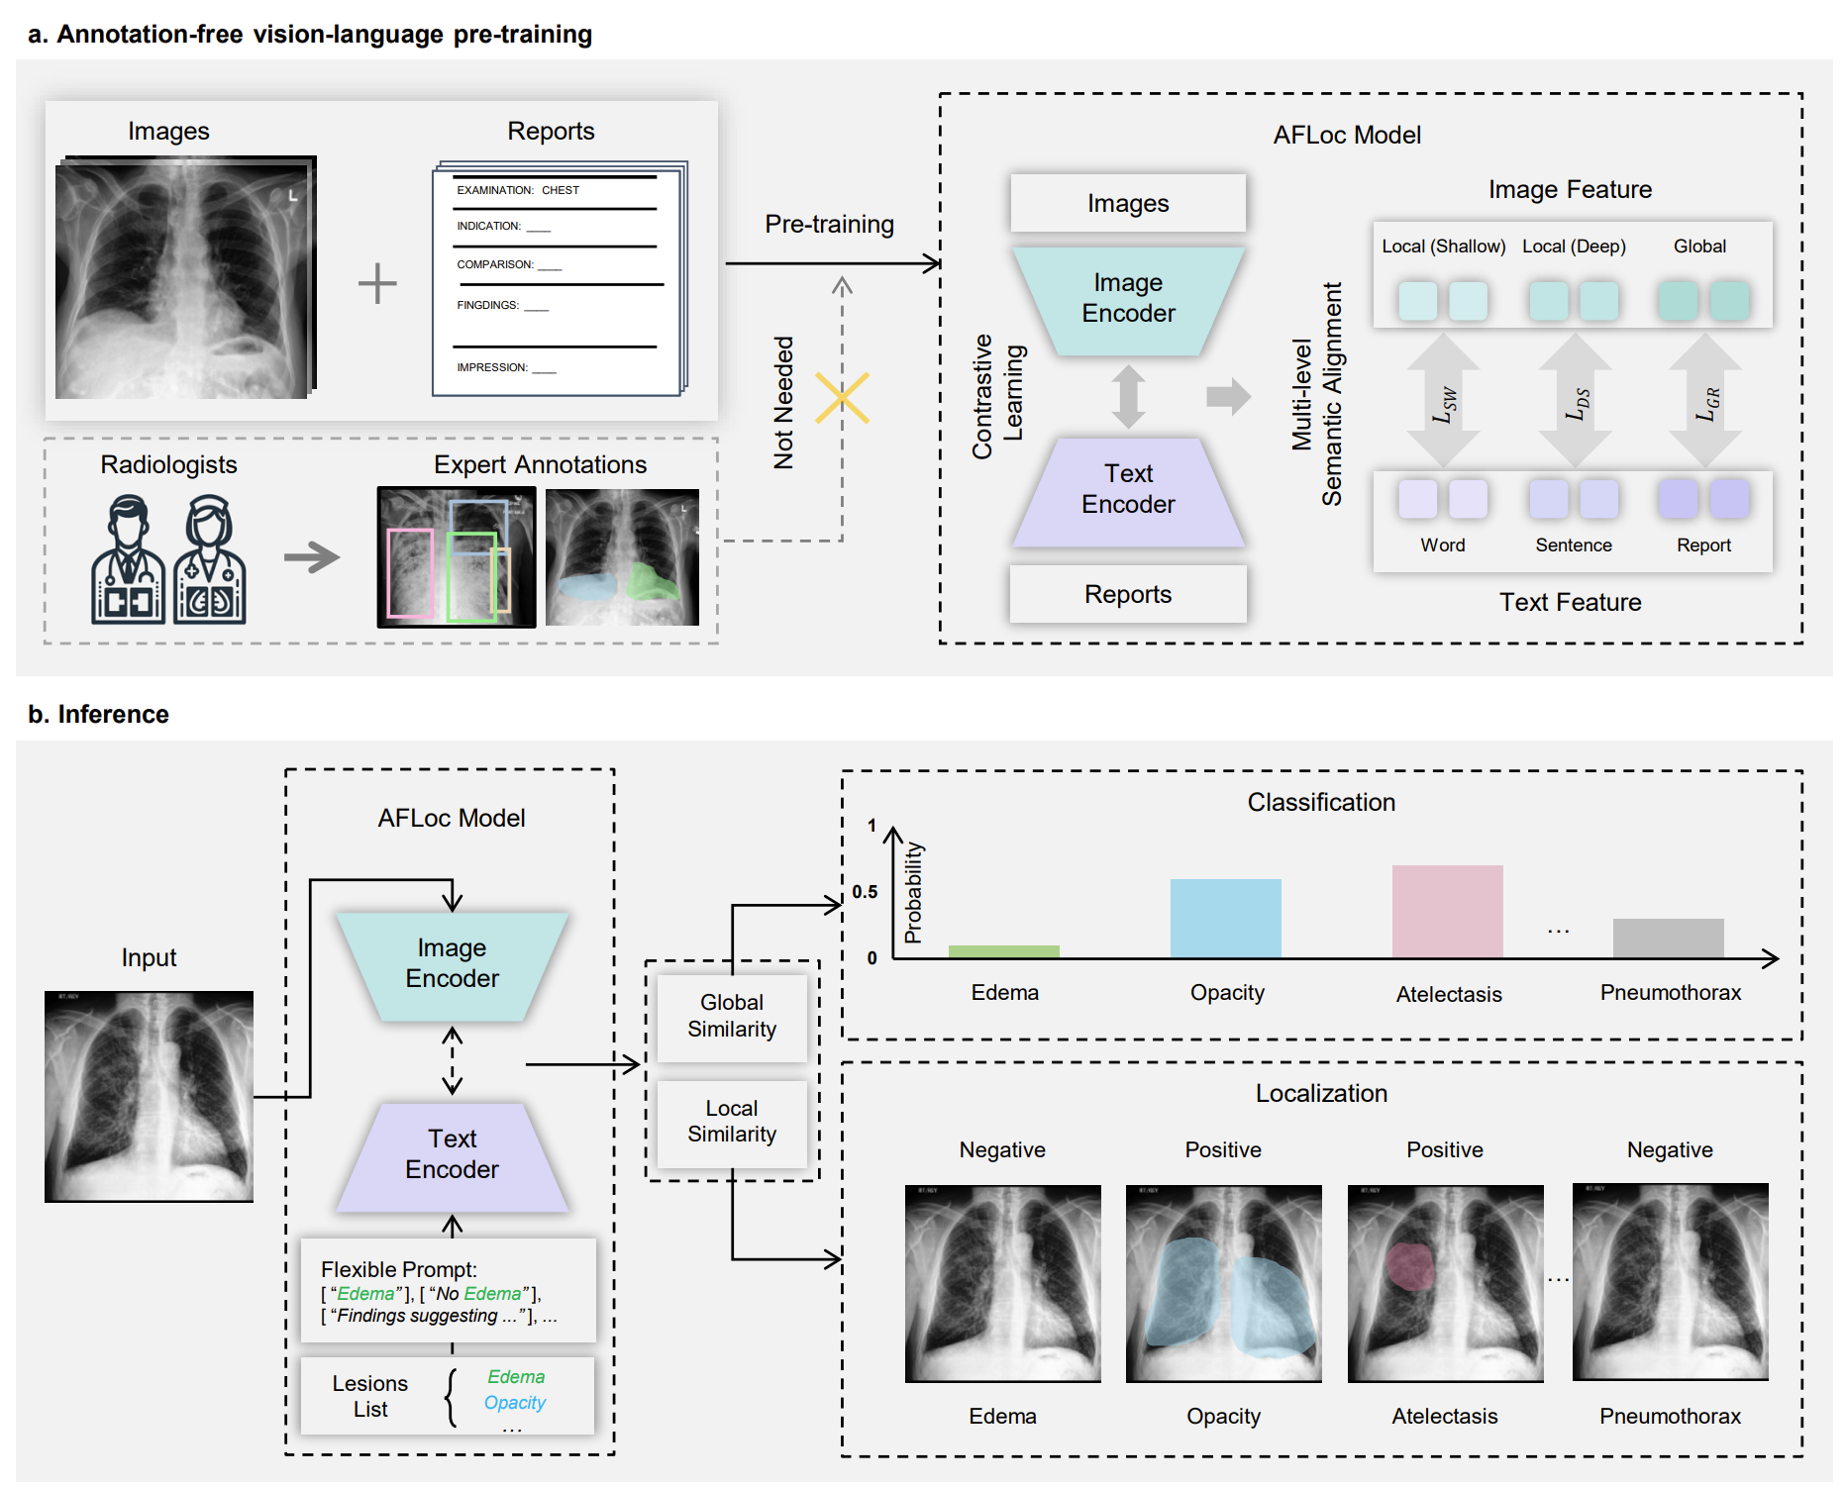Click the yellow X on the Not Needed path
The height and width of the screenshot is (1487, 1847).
842,398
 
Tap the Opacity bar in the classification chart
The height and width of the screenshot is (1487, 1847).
1225,918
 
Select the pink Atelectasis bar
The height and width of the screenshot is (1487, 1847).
1447,911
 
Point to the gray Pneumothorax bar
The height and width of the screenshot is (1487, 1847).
1668,938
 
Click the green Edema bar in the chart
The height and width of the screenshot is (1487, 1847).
1003,951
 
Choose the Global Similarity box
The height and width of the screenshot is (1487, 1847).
732,1016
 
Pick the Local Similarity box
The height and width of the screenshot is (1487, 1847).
732,1122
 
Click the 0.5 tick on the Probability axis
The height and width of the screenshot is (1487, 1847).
865,892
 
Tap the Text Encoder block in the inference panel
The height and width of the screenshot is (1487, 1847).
453,1154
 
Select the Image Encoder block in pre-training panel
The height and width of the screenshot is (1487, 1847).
1128,298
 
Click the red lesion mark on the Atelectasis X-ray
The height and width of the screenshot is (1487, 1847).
1408,1266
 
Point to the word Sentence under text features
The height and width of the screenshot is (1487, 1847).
1573,545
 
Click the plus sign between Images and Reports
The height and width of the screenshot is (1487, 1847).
377,284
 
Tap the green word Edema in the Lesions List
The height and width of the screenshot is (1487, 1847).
515,1377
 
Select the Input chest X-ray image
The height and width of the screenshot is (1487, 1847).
150,1096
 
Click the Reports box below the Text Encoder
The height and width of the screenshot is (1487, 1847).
1127,594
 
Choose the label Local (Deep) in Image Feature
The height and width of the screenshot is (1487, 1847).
1573,247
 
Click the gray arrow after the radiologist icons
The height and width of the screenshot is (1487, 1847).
311,557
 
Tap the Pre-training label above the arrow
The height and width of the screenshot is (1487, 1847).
829,225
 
